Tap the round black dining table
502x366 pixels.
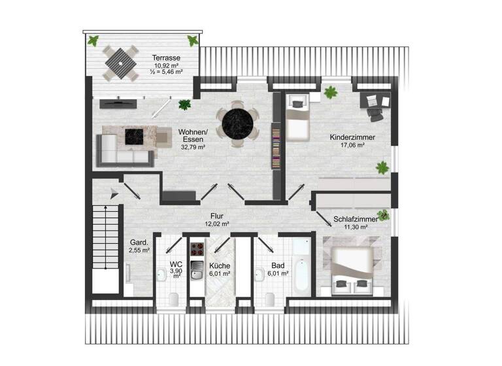[x=239, y=124]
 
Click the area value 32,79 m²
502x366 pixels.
[x=192, y=148]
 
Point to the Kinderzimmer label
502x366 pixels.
[x=347, y=137]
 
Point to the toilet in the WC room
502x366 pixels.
[x=173, y=299]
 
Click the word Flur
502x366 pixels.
[x=217, y=215]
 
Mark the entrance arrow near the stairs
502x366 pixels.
[x=114, y=191]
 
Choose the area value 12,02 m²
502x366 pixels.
[x=217, y=224]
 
